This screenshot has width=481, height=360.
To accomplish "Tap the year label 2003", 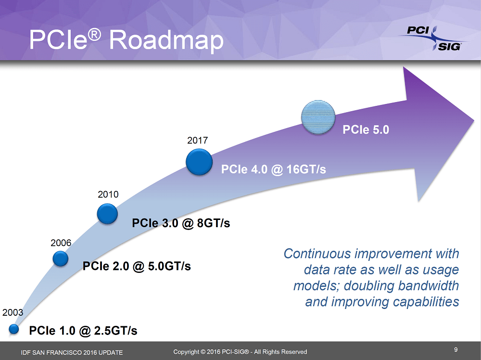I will pyautogui.click(x=13, y=312).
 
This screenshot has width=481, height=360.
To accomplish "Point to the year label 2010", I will pyautogui.click(x=108, y=194).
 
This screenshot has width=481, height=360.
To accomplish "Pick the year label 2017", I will pyautogui.click(x=197, y=141).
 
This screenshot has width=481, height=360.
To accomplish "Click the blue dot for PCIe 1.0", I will pyautogui.click(x=14, y=329).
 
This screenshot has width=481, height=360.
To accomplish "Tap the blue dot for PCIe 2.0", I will pyautogui.click(x=61, y=258).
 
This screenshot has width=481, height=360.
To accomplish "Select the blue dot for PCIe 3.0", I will pyautogui.click(x=107, y=214).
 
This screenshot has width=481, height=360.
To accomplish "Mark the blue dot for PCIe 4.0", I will pyautogui.click(x=199, y=162).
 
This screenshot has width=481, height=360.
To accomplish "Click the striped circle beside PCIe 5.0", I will pyautogui.click(x=318, y=116).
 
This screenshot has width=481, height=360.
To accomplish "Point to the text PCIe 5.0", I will pyautogui.click(x=366, y=129).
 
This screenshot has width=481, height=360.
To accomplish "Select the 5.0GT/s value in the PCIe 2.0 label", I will pyautogui.click(x=164, y=266).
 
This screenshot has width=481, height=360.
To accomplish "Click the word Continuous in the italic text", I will pyautogui.click(x=318, y=254).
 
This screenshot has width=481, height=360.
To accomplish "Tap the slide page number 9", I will pyautogui.click(x=456, y=349).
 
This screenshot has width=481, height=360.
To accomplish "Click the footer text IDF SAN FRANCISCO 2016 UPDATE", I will pyautogui.click(x=72, y=352).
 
